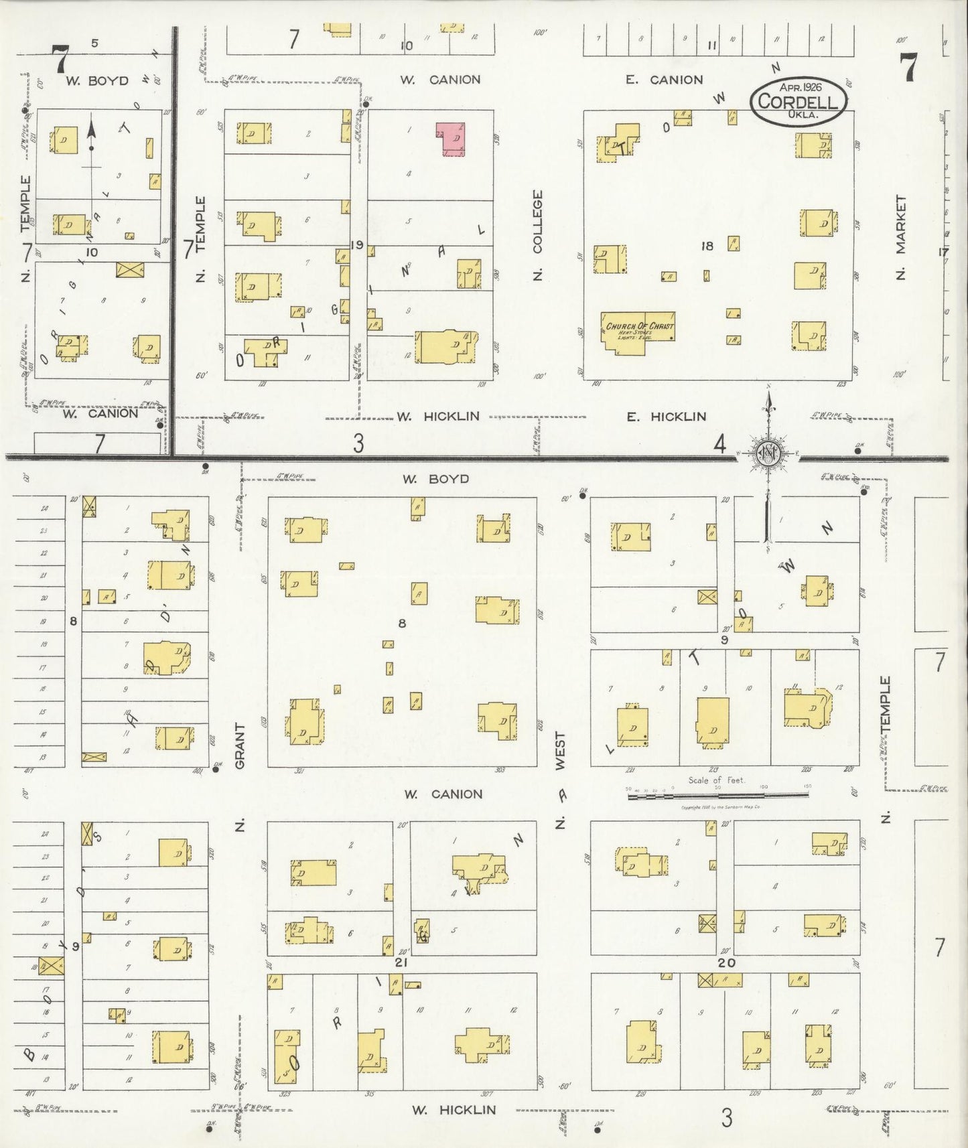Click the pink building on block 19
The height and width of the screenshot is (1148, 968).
[x=452, y=139]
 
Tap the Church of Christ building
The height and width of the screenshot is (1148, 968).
[x=636, y=332]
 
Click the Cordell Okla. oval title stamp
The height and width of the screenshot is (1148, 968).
[x=799, y=101]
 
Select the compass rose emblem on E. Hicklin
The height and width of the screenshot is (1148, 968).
[x=768, y=454]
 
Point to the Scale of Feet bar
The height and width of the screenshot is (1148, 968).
[x=717, y=795]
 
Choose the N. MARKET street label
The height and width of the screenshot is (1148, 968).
[x=901, y=237]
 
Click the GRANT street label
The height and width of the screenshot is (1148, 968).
[x=240, y=745]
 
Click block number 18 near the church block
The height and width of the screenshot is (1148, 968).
[x=707, y=246]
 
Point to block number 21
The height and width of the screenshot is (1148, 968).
[x=401, y=962]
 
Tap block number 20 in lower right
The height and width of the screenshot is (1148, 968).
[x=727, y=962]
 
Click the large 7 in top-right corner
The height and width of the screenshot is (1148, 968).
[x=908, y=68]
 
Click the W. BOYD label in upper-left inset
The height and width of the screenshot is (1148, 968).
[x=97, y=81]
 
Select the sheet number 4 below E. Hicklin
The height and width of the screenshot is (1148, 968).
[x=719, y=443]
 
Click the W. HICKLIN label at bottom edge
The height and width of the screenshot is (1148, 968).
[x=454, y=1110]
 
